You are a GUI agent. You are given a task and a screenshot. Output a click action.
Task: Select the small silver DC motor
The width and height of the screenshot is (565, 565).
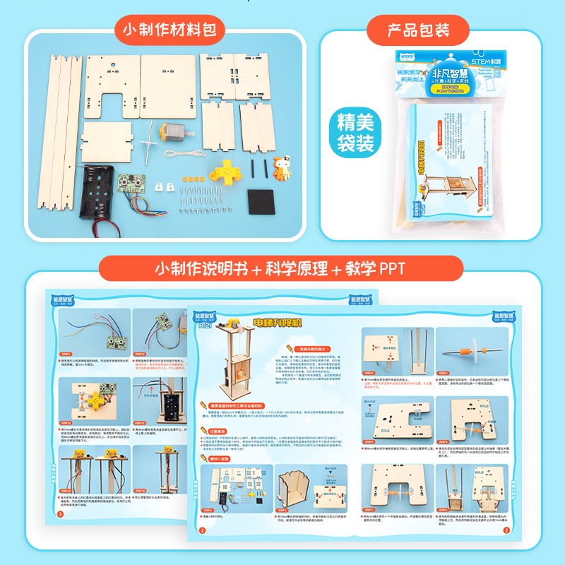coord(172,133)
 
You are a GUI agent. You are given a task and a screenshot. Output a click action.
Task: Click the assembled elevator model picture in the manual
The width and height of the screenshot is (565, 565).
coord(234,360)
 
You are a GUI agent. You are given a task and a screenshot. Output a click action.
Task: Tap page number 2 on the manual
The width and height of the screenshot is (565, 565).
coord(506,530)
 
